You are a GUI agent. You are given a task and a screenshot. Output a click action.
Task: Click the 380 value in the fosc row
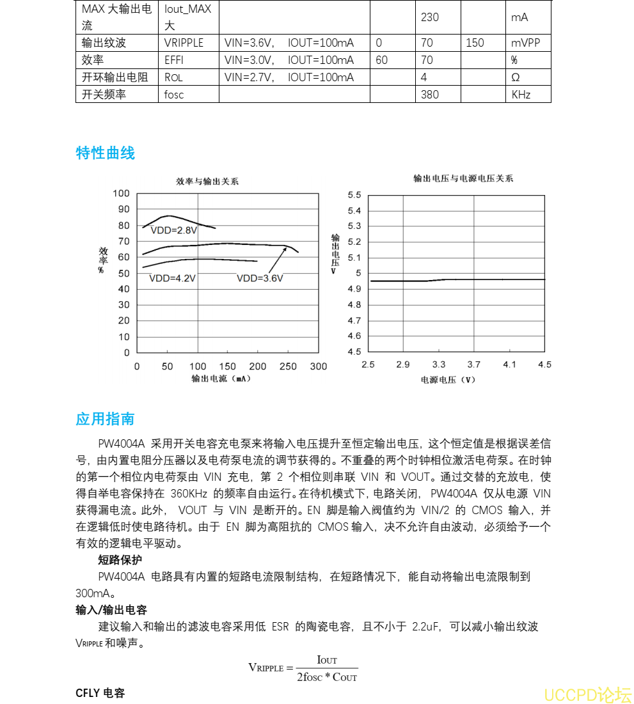430,95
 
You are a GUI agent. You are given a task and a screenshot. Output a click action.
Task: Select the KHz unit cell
521,95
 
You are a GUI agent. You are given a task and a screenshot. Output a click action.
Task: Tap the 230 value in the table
430,17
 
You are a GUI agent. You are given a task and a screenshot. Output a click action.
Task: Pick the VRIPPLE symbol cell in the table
184,43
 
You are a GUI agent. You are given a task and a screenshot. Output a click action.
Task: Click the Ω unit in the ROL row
515,77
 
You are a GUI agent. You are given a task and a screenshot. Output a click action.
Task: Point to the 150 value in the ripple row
475,43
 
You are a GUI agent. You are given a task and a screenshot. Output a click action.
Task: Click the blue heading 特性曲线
106,153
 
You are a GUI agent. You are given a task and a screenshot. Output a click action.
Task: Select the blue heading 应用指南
106,419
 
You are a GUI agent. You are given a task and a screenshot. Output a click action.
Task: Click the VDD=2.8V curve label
174,230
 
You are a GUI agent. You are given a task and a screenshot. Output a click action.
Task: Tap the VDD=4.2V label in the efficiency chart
172,279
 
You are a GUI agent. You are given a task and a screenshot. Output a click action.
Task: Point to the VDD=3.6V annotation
260,279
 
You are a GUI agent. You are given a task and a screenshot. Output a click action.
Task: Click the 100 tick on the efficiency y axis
121,194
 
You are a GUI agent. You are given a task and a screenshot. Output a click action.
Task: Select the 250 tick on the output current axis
289,366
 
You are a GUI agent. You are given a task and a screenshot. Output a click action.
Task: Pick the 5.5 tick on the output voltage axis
354,195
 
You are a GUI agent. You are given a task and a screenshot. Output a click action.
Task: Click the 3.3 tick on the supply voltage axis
439,364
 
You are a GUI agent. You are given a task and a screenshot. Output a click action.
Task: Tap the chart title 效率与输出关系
207,182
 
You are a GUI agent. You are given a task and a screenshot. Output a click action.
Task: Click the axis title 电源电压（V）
448,380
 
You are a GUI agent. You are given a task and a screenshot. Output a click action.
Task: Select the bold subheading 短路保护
120,560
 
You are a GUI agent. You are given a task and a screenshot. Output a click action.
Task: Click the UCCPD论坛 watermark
587,694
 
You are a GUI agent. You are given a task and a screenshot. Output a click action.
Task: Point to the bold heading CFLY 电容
100,693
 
